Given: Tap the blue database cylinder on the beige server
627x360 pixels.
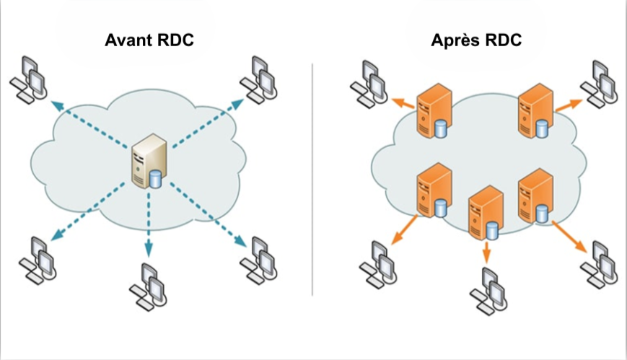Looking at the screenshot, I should pyautogui.click(x=156, y=177).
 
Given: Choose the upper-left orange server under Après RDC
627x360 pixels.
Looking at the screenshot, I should pyautogui.click(x=431, y=111).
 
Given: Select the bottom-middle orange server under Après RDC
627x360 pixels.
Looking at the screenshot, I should pyautogui.click(x=483, y=213).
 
